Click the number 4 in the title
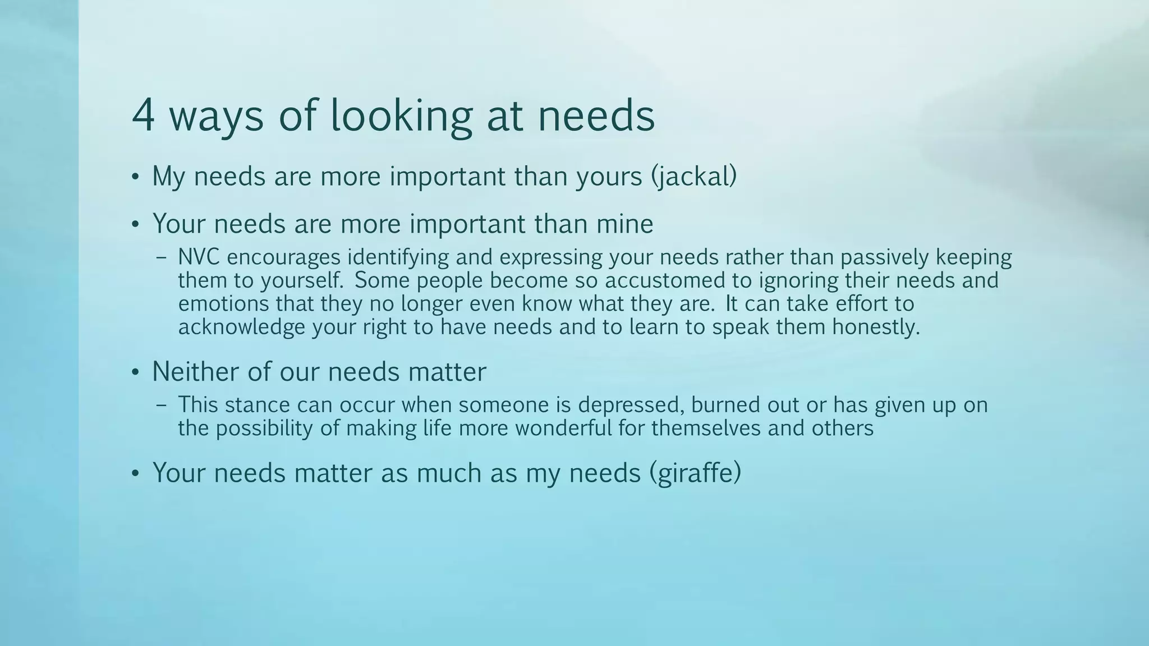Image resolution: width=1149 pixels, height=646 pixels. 143,115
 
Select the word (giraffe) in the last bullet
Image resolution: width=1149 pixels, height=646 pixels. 695,473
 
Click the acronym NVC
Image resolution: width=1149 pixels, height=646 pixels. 199,257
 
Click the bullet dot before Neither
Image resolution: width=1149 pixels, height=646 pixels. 135,373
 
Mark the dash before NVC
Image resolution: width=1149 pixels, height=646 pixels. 162,259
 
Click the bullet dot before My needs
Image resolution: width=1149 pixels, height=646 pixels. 135,178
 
